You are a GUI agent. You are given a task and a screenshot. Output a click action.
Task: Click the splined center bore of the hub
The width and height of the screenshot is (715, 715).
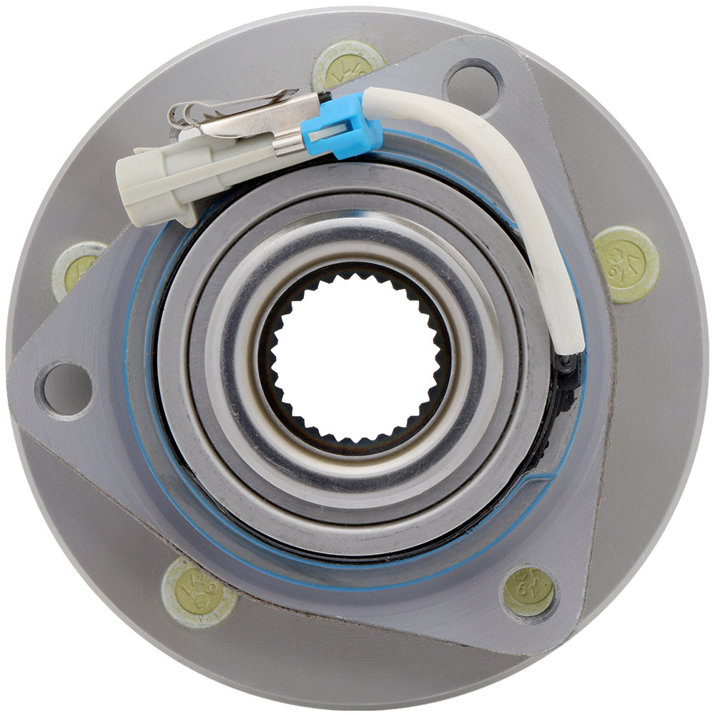click(355, 355)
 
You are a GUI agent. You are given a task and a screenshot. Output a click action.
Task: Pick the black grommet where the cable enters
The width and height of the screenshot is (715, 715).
click(567, 365)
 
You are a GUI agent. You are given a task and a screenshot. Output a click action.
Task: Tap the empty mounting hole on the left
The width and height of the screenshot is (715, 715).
click(66, 389)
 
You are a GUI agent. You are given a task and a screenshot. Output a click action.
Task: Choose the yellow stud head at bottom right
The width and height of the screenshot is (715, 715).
click(528, 591)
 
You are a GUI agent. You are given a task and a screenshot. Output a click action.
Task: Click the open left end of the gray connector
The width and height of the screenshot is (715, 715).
click(129, 179)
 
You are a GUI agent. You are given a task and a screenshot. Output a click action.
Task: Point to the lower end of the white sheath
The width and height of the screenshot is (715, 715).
click(571, 343)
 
